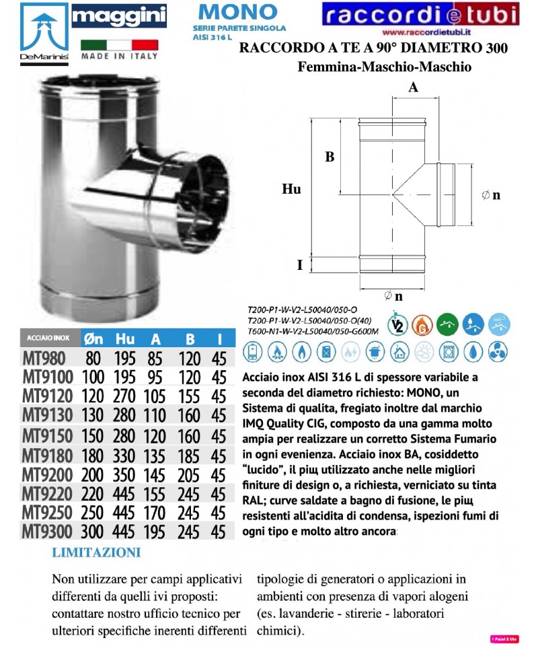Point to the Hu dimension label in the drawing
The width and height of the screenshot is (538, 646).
click(x=291, y=190)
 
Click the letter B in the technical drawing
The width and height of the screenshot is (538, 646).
click(x=330, y=157)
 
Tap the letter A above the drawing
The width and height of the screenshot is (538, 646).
click(x=413, y=87)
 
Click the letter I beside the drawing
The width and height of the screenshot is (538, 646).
click(x=299, y=264)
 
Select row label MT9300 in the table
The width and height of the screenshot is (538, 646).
click(x=49, y=531)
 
